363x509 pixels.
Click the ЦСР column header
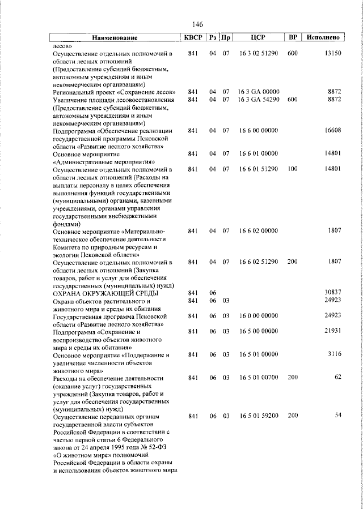258,38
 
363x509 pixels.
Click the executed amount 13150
332,53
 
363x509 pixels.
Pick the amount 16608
332,130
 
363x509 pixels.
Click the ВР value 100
293,169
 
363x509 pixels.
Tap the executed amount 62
337,377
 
